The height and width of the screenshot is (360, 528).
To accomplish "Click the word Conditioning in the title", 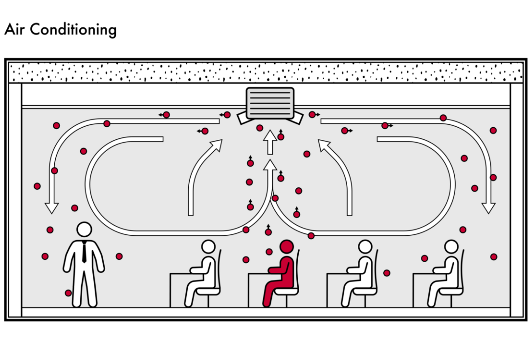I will tap(73, 30).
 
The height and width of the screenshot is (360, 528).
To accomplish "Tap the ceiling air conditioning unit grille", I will tap(270, 103).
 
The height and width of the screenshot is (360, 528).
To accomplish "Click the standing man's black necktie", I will tap(85, 252).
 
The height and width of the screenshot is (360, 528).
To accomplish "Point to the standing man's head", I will tap(85, 229).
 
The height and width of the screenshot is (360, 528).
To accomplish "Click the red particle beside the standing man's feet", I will tap(68, 293).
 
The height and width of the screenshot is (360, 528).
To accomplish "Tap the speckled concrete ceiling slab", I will tap(264, 72).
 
